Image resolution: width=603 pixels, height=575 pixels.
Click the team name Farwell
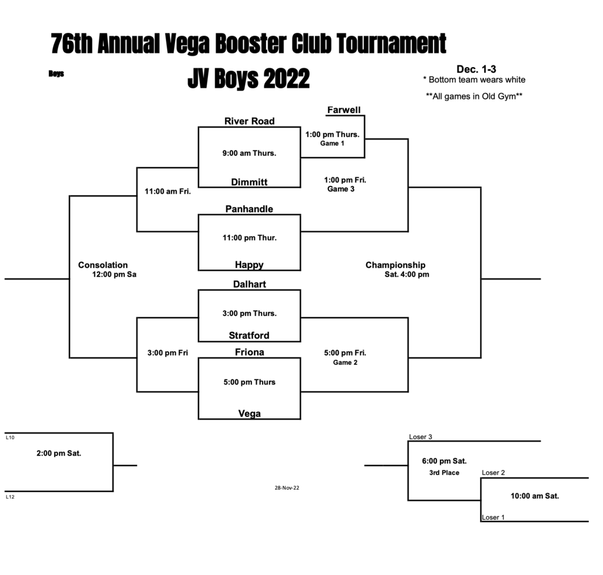click(344, 110)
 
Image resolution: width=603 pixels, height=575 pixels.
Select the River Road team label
click(249, 121)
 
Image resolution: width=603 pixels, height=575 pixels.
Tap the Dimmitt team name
click(249, 182)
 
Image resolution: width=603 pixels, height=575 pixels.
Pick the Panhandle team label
click(249, 209)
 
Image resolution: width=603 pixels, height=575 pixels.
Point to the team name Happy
click(249, 265)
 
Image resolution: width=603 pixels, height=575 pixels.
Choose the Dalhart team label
click(249, 284)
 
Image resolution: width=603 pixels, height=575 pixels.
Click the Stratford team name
click(249, 335)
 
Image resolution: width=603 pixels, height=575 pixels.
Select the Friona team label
click(249, 353)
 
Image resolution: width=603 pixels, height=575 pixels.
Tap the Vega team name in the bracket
click(249, 414)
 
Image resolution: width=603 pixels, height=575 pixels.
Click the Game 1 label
click(332, 144)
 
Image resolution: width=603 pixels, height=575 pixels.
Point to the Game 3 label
click(341, 189)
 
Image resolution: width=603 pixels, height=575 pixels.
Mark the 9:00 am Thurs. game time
click(249, 153)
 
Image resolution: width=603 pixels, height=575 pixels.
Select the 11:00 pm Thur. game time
click(249, 238)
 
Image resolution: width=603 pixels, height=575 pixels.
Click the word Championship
click(395, 265)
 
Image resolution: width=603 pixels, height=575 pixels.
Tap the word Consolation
click(102, 265)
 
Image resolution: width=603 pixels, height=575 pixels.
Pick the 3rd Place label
click(444, 473)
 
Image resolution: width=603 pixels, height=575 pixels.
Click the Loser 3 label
click(420, 437)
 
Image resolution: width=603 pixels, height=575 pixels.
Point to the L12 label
click(10, 497)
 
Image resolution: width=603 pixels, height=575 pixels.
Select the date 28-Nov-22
click(287, 488)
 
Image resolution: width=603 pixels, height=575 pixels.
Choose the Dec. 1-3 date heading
click(476, 69)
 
